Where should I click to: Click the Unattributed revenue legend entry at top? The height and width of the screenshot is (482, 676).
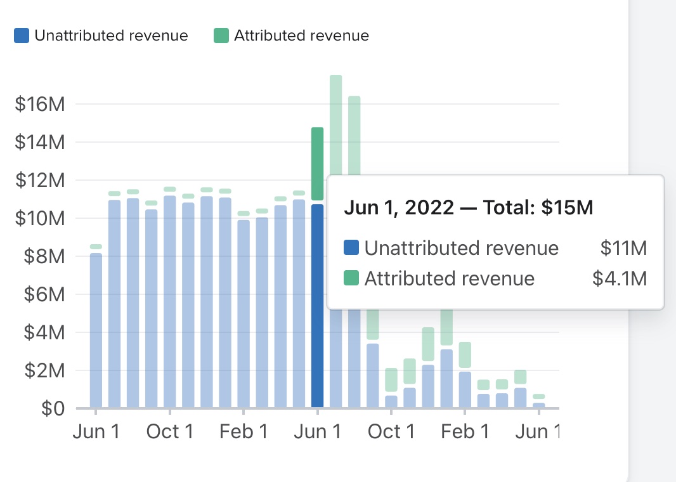(101, 36)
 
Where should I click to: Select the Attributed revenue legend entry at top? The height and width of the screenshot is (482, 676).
(292, 36)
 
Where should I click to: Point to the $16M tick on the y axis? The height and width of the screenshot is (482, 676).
(40, 104)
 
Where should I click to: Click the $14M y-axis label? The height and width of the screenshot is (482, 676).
(40, 142)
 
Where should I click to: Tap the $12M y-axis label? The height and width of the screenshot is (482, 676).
(40, 180)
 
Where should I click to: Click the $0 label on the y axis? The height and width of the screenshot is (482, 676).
(53, 408)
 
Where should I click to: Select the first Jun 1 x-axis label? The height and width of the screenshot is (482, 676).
(96, 432)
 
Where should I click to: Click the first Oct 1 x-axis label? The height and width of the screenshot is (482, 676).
(169, 432)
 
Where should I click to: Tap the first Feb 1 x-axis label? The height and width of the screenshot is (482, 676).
(244, 432)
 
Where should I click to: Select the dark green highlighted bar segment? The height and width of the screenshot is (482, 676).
(318, 164)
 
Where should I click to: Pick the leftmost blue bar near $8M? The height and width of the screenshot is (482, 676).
(96, 330)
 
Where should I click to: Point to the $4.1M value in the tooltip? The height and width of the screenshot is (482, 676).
(620, 278)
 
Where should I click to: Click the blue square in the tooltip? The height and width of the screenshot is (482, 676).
(351, 247)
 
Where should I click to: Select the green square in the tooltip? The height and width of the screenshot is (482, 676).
(351, 278)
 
